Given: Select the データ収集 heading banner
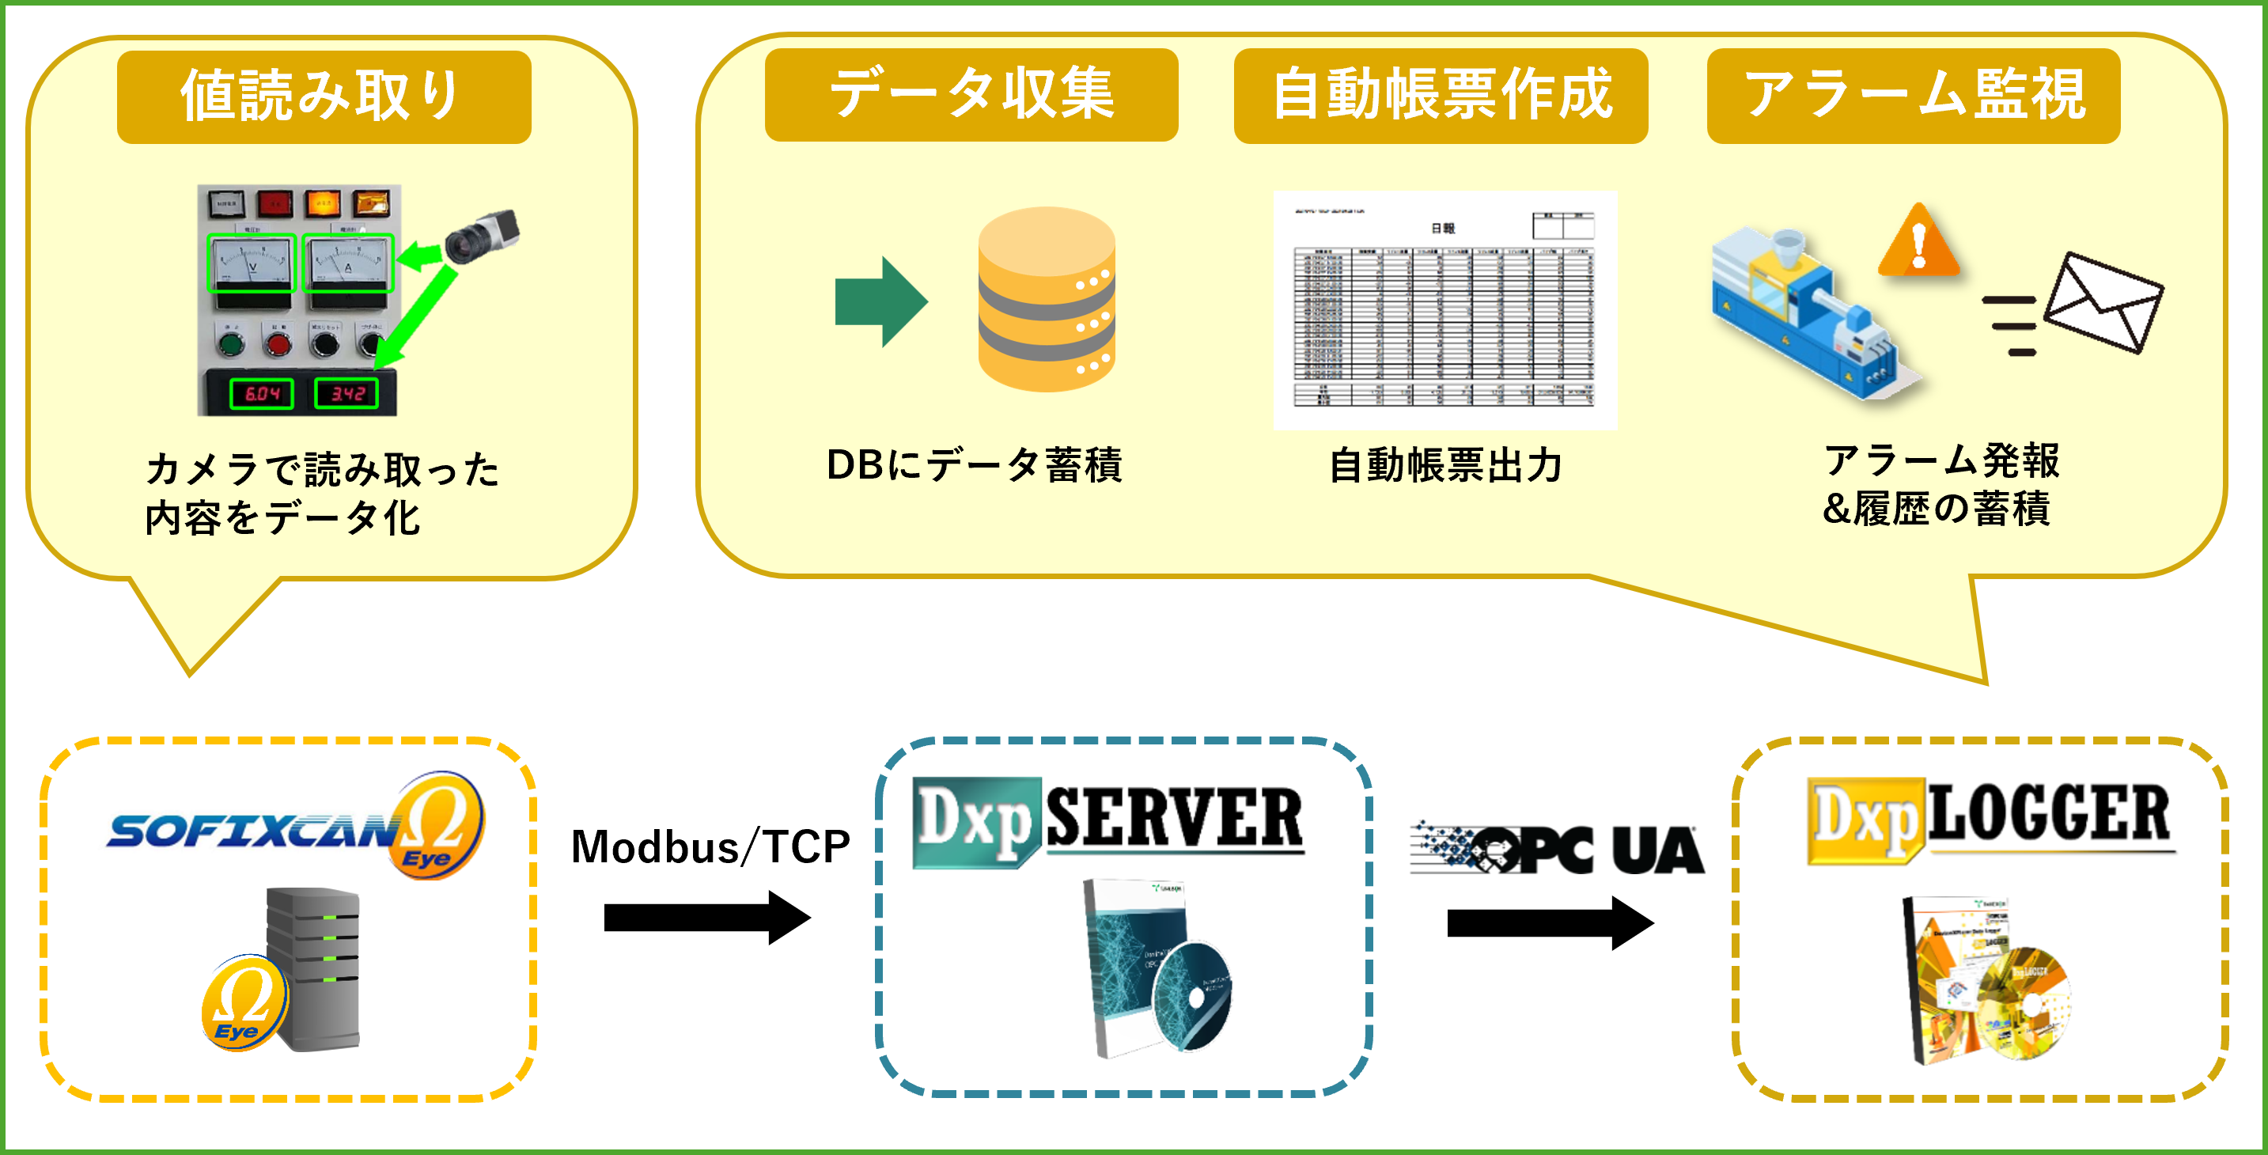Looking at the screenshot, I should tap(971, 94).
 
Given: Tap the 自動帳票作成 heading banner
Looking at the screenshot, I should tap(1441, 94).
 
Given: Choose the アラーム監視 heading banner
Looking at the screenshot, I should tap(1913, 95).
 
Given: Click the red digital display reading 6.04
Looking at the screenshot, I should tap(263, 393).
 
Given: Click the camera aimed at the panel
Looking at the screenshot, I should tap(483, 236).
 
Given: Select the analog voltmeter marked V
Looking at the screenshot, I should tap(252, 263).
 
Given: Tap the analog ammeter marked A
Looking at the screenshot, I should tap(348, 263).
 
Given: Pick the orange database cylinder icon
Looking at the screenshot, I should tap(1047, 299).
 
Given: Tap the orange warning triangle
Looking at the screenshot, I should tap(1918, 242).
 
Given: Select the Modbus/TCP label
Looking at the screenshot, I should tap(710, 847).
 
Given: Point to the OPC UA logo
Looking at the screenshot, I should tap(1557, 850).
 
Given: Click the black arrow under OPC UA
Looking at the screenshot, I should tap(1550, 922).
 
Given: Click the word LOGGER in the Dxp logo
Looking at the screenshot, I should tap(2050, 814).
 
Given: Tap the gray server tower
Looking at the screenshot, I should tap(315, 968).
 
